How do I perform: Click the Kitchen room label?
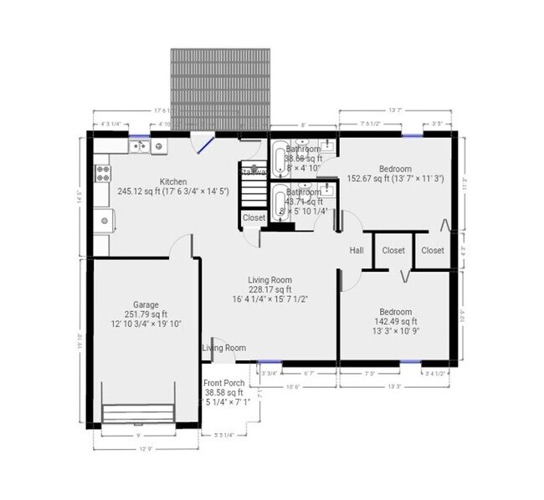[173, 181]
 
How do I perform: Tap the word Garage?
[146, 304]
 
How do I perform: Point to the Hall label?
[356, 250]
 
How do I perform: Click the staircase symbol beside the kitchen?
[254, 186]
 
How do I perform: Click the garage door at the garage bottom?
[139, 416]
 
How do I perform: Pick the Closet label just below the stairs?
[254, 217]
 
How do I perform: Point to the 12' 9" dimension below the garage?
[146, 449]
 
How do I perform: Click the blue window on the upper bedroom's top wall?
[411, 134]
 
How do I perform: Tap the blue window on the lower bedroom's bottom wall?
[409, 362]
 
